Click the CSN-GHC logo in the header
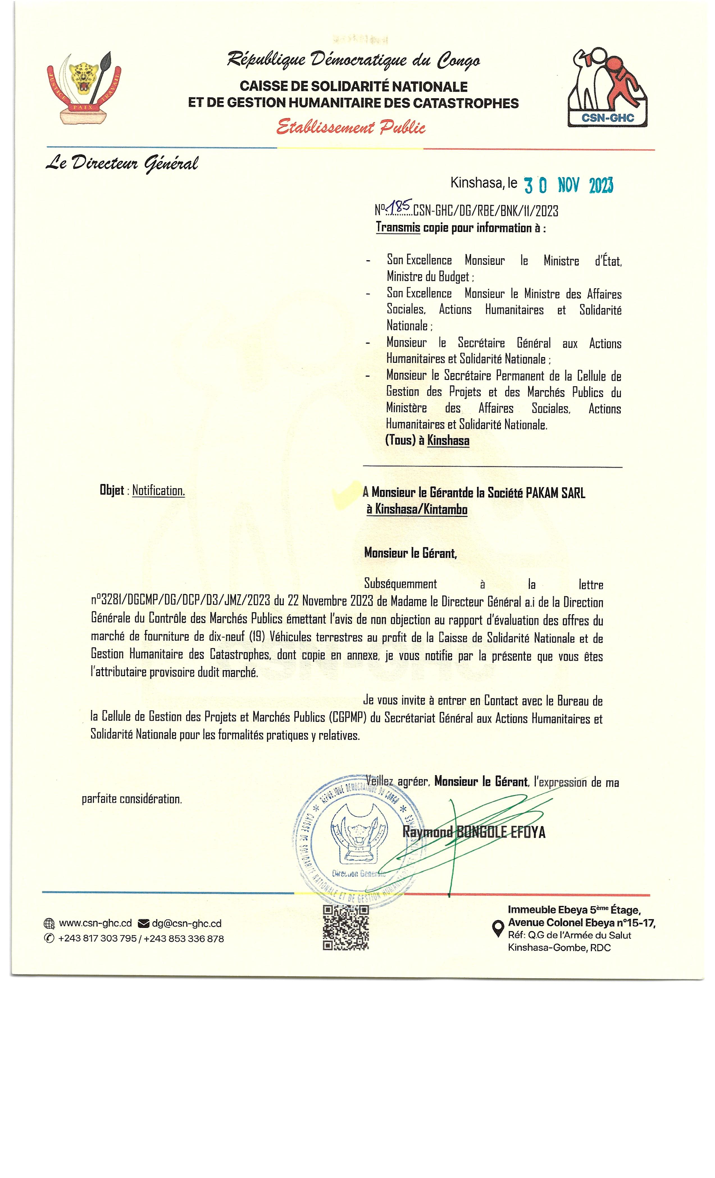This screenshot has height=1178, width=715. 607,88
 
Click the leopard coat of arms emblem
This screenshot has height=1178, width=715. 84,89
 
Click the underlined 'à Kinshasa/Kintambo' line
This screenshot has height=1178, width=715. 416,509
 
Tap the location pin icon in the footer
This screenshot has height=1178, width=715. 497,928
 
